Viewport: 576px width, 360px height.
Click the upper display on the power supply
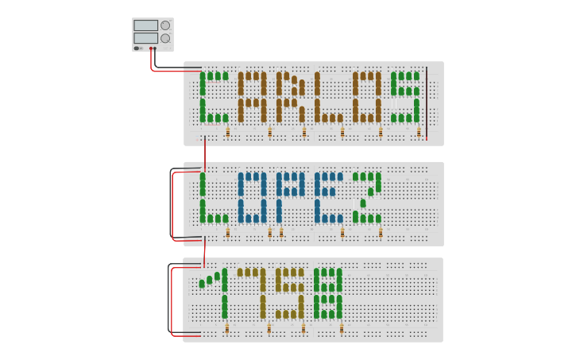(145, 25)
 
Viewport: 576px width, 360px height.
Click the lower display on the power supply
(145, 38)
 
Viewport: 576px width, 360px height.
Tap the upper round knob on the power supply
(165, 25)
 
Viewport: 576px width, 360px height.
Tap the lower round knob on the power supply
(165, 38)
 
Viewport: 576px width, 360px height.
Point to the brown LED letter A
(252, 97)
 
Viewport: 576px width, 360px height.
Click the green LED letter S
(404, 97)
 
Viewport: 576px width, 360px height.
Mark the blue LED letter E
(328, 197)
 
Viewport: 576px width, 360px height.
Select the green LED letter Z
(367, 197)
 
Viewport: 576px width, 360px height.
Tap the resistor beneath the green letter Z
(381, 233)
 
